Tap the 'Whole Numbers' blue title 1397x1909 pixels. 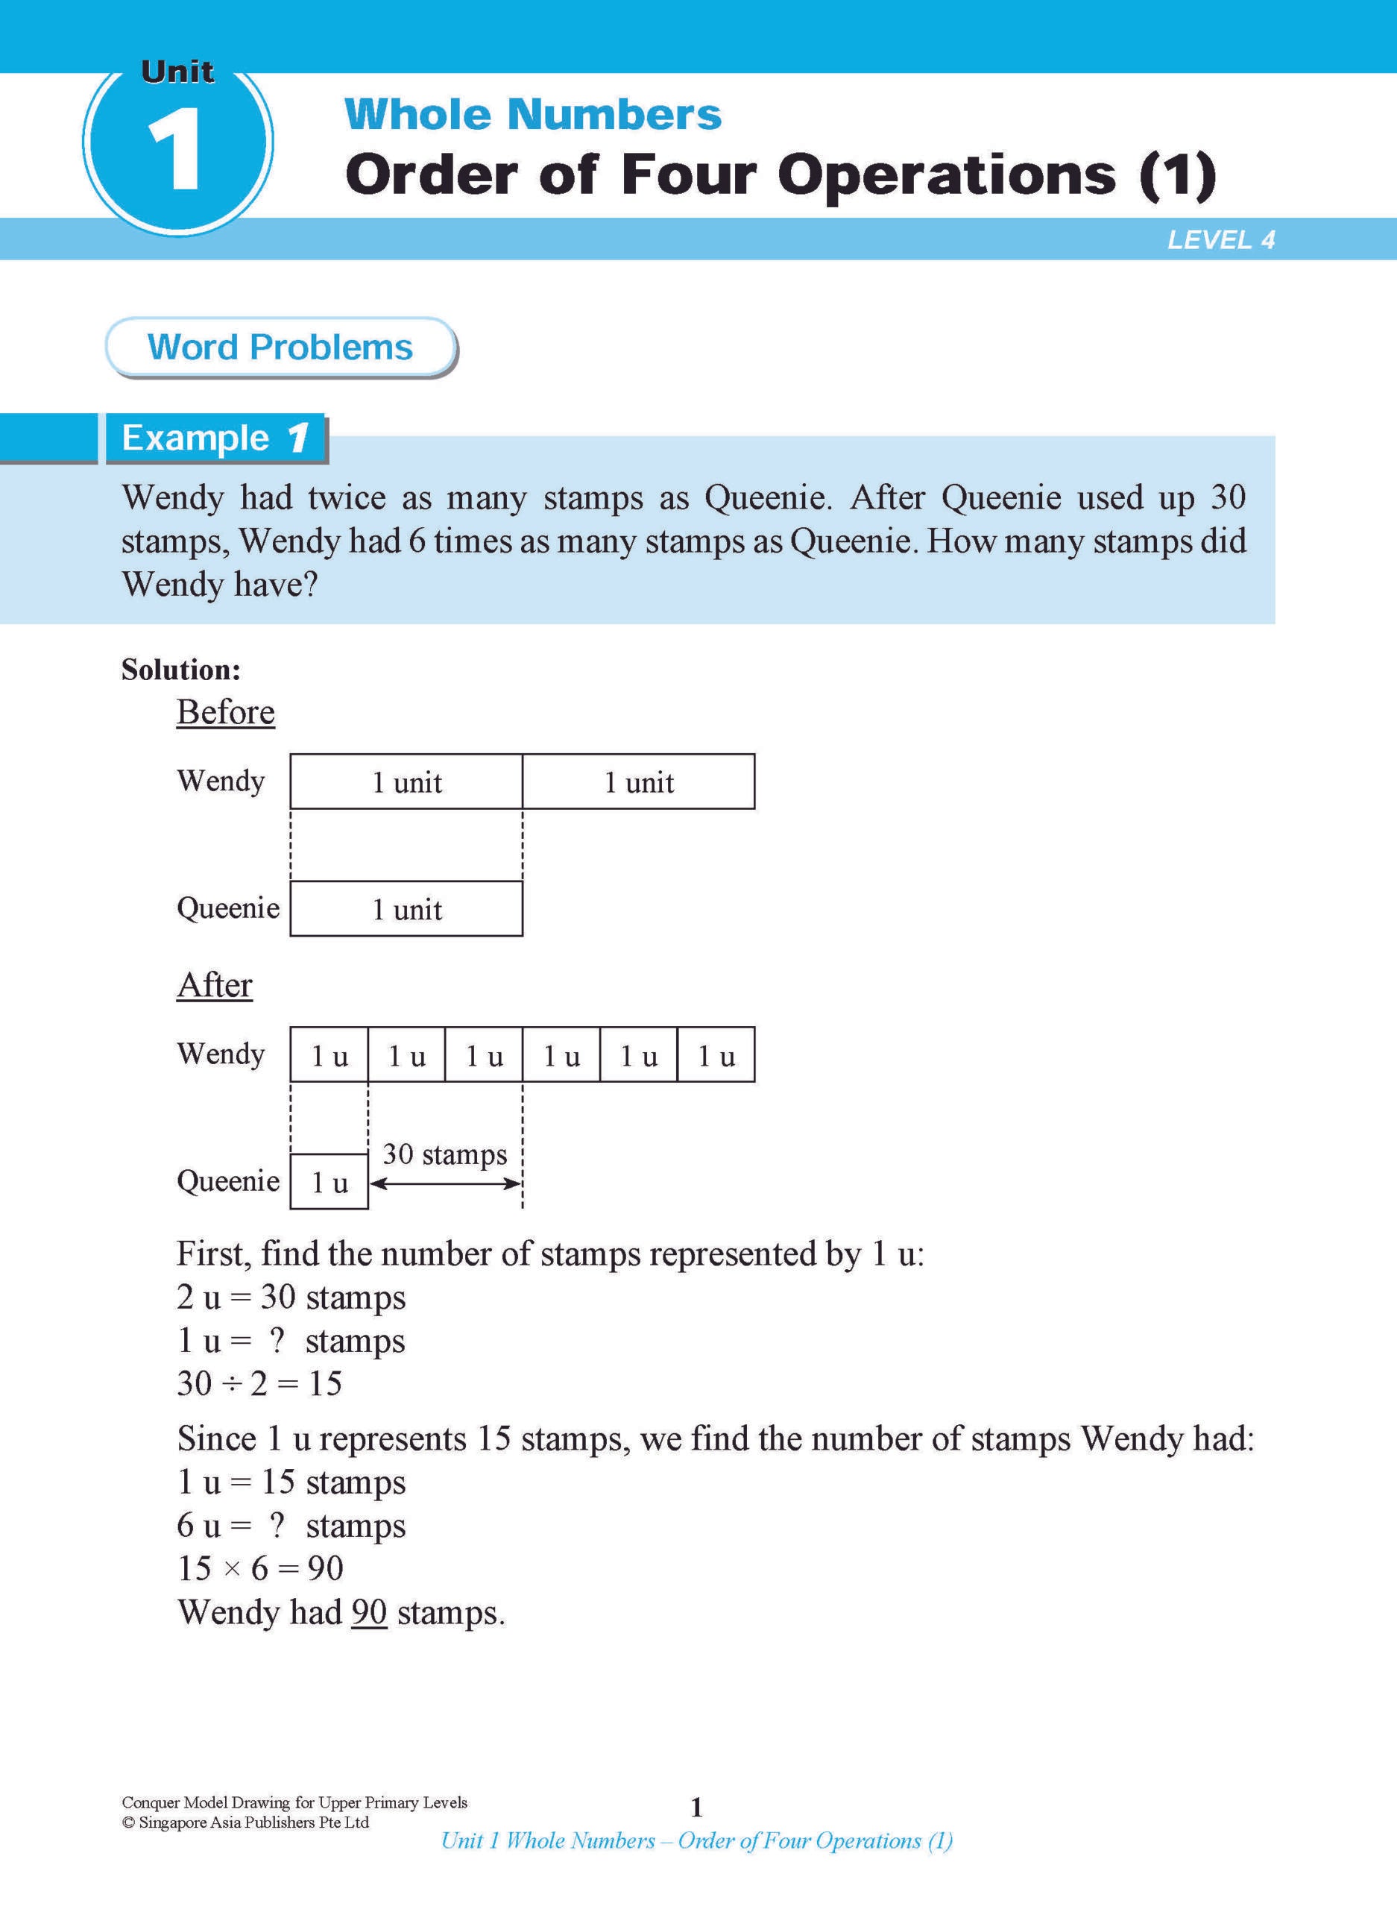[533, 114]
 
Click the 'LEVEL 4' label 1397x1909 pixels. [1220, 240]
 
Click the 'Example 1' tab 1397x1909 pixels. [215, 438]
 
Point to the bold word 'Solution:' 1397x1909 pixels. [181, 670]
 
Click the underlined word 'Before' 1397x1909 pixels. [226, 712]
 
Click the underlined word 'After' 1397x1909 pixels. [215, 985]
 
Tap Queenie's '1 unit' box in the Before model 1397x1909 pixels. [406, 909]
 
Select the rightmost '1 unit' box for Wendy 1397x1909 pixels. [638, 782]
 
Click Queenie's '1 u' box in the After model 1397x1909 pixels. [329, 1183]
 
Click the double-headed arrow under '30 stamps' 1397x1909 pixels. [445, 1184]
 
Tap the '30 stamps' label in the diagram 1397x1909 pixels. [445, 1154]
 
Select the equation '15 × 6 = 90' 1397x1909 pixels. [260, 1568]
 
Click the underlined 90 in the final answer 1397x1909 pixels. [369, 1612]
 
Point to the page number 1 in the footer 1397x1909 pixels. [697, 1808]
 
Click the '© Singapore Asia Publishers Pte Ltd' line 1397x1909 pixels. [245, 1822]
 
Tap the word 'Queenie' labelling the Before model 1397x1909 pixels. [228, 908]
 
